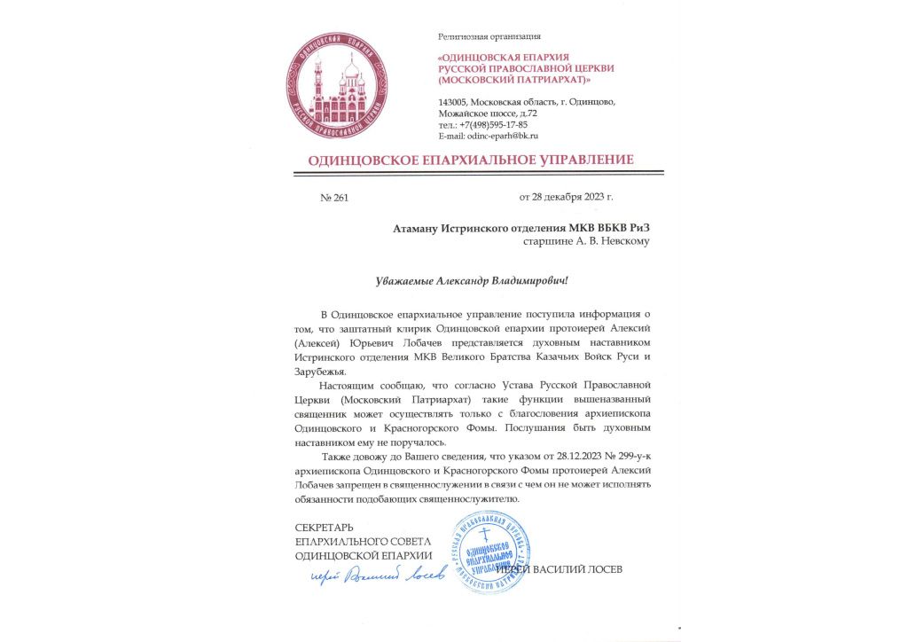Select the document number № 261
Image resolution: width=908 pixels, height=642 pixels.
coord(334,198)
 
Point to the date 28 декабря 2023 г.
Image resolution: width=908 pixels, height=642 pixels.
coord(566,197)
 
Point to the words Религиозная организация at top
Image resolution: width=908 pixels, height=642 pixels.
coord(489,36)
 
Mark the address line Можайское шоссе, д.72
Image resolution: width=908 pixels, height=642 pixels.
coord(488,114)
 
